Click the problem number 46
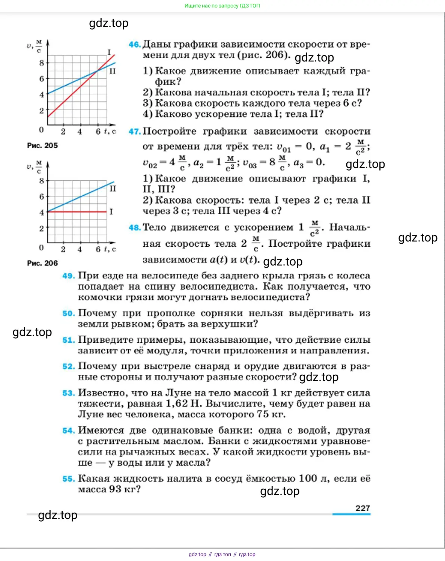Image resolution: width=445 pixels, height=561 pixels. point(134,44)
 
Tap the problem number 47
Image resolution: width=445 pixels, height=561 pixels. point(134,131)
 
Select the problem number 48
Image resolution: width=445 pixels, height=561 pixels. point(134,227)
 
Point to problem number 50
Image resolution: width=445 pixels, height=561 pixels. point(69,313)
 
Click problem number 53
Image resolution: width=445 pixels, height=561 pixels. point(69,393)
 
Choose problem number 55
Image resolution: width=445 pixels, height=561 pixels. point(69,478)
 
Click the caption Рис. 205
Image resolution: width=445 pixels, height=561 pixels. point(42,145)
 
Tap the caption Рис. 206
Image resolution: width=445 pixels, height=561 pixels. point(42,263)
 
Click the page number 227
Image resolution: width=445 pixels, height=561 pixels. point(362,508)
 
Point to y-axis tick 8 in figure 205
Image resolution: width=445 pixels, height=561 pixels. point(42,63)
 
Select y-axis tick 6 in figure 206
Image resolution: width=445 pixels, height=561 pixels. point(42,196)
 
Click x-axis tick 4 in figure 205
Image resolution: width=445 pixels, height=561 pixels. point(80,132)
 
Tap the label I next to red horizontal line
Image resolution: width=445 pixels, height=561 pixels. point(111,212)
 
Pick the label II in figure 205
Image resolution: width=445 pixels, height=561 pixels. point(113,71)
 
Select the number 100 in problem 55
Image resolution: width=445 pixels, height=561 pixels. point(308,478)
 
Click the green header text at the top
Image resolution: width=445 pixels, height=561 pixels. point(222,6)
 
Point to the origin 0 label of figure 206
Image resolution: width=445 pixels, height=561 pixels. point(41,247)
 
